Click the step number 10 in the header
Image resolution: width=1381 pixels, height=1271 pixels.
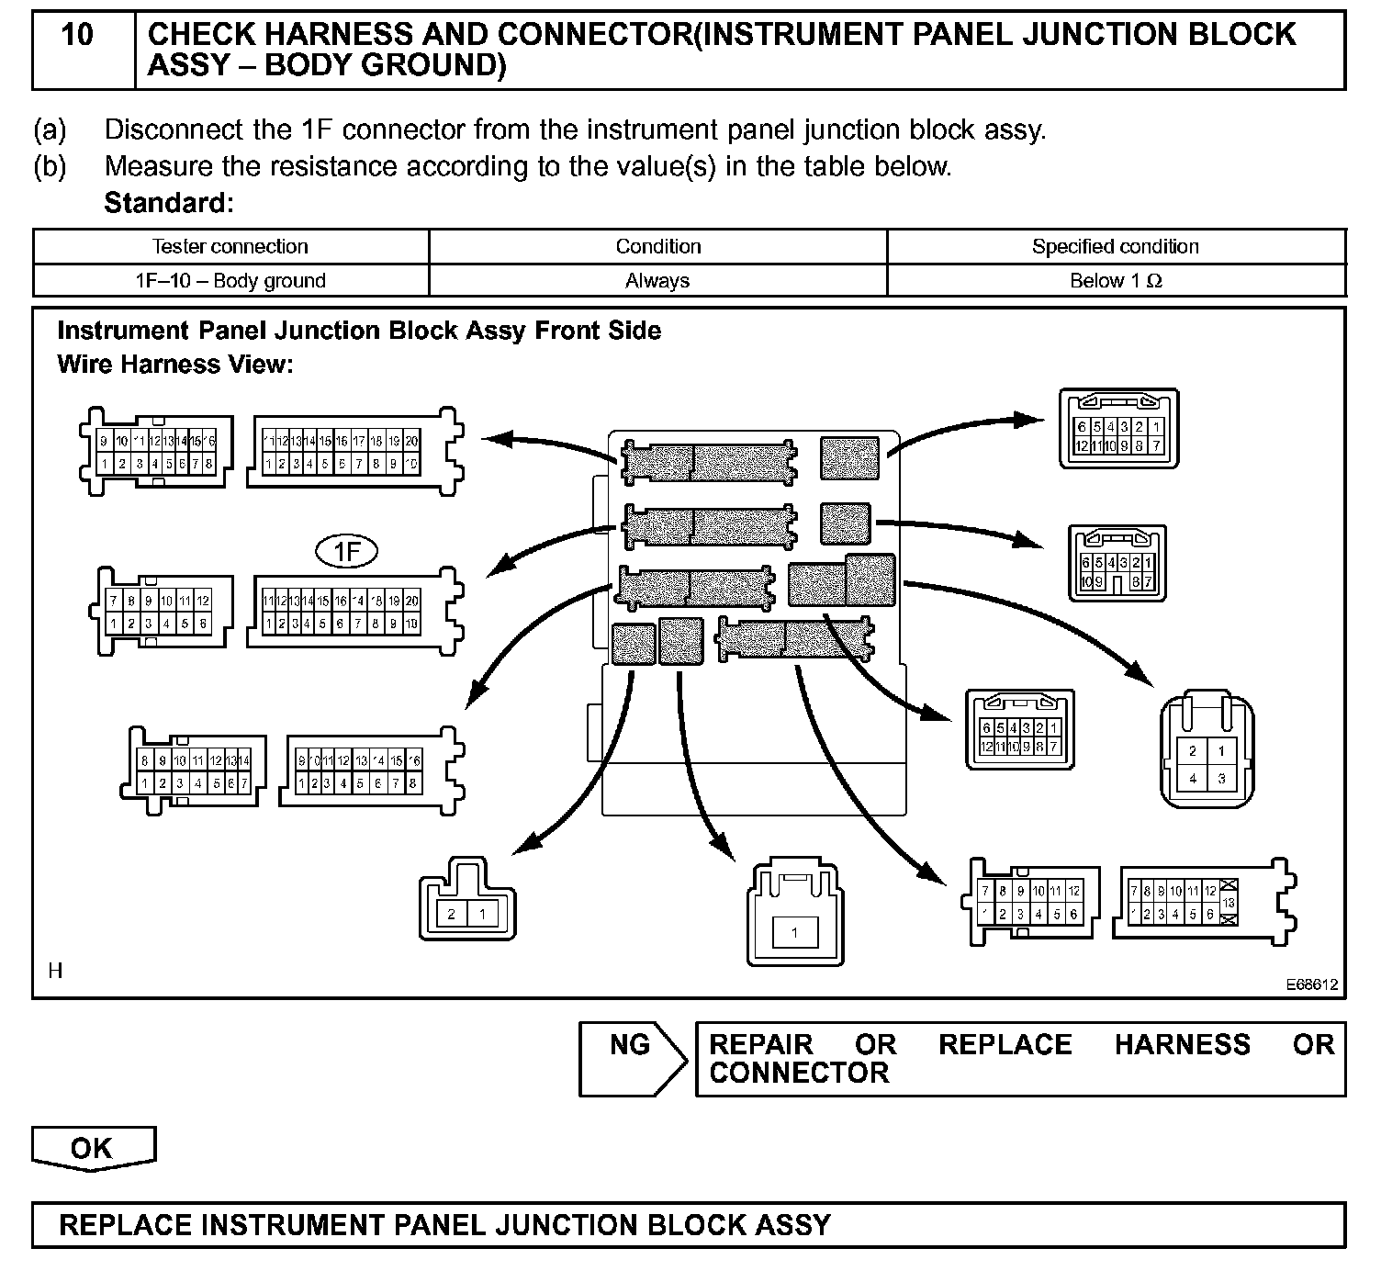click(77, 36)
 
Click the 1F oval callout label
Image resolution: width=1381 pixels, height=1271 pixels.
click(346, 551)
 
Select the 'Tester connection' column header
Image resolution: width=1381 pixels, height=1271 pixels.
click(230, 246)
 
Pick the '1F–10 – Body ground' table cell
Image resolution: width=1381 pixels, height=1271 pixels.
click(230, 281)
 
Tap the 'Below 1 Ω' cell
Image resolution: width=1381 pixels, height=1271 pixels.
click(1116, 281)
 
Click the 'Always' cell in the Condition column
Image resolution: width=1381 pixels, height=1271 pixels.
click(657, 281)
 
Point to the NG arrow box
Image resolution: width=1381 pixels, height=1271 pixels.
click(632, 1058)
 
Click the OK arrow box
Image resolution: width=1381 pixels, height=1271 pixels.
click(93, 1148)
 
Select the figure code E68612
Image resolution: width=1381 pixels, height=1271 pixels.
click(1311, 984)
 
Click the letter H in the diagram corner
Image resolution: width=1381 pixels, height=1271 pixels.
click(55, 971)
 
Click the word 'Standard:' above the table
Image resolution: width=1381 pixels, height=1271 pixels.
click(169, 202)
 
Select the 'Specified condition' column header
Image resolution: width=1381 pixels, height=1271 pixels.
click(1115, 246)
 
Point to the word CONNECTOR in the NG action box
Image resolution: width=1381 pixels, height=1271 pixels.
click(799, 1073)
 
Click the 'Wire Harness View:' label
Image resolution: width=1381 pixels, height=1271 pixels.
click(174, 365)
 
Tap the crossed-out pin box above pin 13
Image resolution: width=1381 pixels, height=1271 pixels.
click(1229, 887)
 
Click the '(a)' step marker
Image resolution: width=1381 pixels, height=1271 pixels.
click(50, 129)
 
